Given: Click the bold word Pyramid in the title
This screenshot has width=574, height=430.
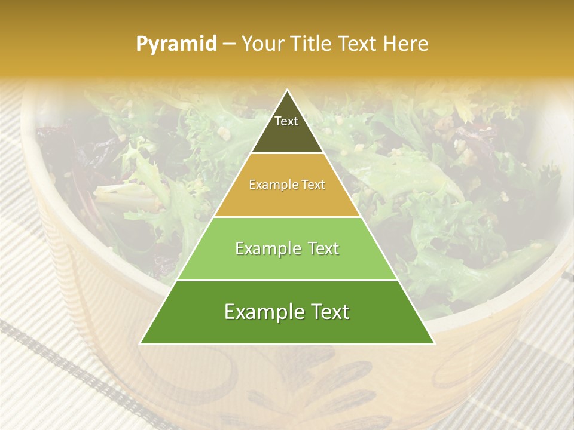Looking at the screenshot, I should pos(176,44).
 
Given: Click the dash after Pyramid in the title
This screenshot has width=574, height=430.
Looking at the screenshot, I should pos(229,44).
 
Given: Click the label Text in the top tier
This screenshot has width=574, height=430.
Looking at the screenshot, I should pos(286,121).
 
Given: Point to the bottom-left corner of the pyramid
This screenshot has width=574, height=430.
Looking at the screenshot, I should pos(141,343).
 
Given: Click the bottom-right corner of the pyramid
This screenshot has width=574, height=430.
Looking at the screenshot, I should pos(434,343).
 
